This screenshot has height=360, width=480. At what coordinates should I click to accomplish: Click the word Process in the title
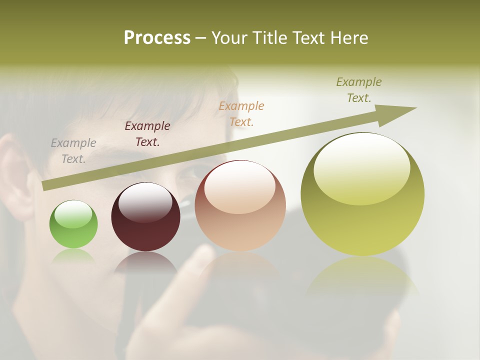click(157, 38)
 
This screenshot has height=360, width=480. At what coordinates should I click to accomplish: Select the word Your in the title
click(229, 38)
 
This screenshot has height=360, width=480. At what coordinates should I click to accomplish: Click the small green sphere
click(73, 225)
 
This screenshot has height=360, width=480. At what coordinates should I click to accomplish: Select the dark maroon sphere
click(145, 220)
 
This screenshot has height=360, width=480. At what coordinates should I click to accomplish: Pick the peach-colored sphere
click(240, 210)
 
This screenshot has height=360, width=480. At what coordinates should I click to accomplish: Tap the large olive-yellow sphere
click(362, 200)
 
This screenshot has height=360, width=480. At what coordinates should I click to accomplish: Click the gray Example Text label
click(73, 151)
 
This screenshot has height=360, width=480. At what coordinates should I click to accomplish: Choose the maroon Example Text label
click(147, 134)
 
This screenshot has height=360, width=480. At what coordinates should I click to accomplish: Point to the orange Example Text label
click(241, 114)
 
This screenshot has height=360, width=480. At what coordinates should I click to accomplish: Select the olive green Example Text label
click(359, 90)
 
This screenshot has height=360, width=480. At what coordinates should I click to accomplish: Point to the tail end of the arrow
click(45, 185)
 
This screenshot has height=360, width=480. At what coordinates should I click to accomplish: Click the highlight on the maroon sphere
click(145, 201)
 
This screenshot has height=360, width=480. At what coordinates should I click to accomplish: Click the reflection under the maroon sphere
click(145, 262)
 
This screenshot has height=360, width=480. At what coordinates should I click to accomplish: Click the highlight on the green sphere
click(73, 214)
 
